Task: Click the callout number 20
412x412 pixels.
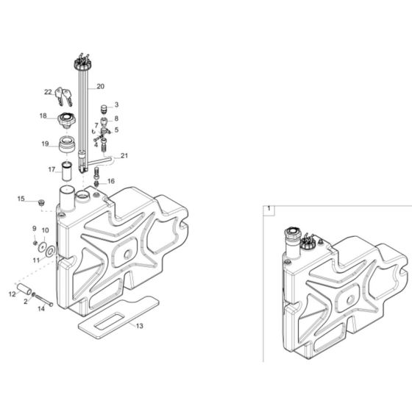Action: point(121,87)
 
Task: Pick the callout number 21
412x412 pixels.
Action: point(124,155)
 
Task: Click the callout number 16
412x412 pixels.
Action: point(111,181)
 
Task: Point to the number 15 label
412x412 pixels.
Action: point(21,198)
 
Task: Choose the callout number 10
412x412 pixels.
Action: point(45,230)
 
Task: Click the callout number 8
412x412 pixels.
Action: point(116,118)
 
